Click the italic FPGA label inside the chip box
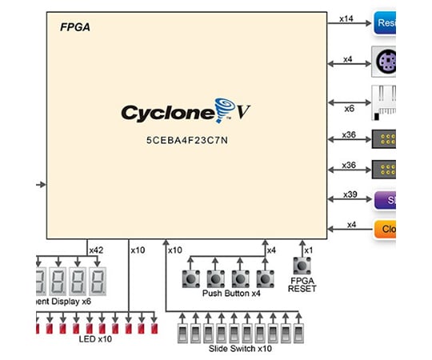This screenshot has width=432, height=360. click(x=76, y=27)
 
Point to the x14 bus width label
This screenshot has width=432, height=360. click(x=346, y=18)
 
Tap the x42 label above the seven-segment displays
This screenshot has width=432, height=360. click(x=97, y=250)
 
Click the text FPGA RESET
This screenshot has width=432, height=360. click(x=302, y=284)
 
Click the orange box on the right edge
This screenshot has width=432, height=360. click(x=385, y=230)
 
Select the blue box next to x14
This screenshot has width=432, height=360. click(x=385, y=23)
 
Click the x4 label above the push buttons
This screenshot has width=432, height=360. click(x=271, y=250)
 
